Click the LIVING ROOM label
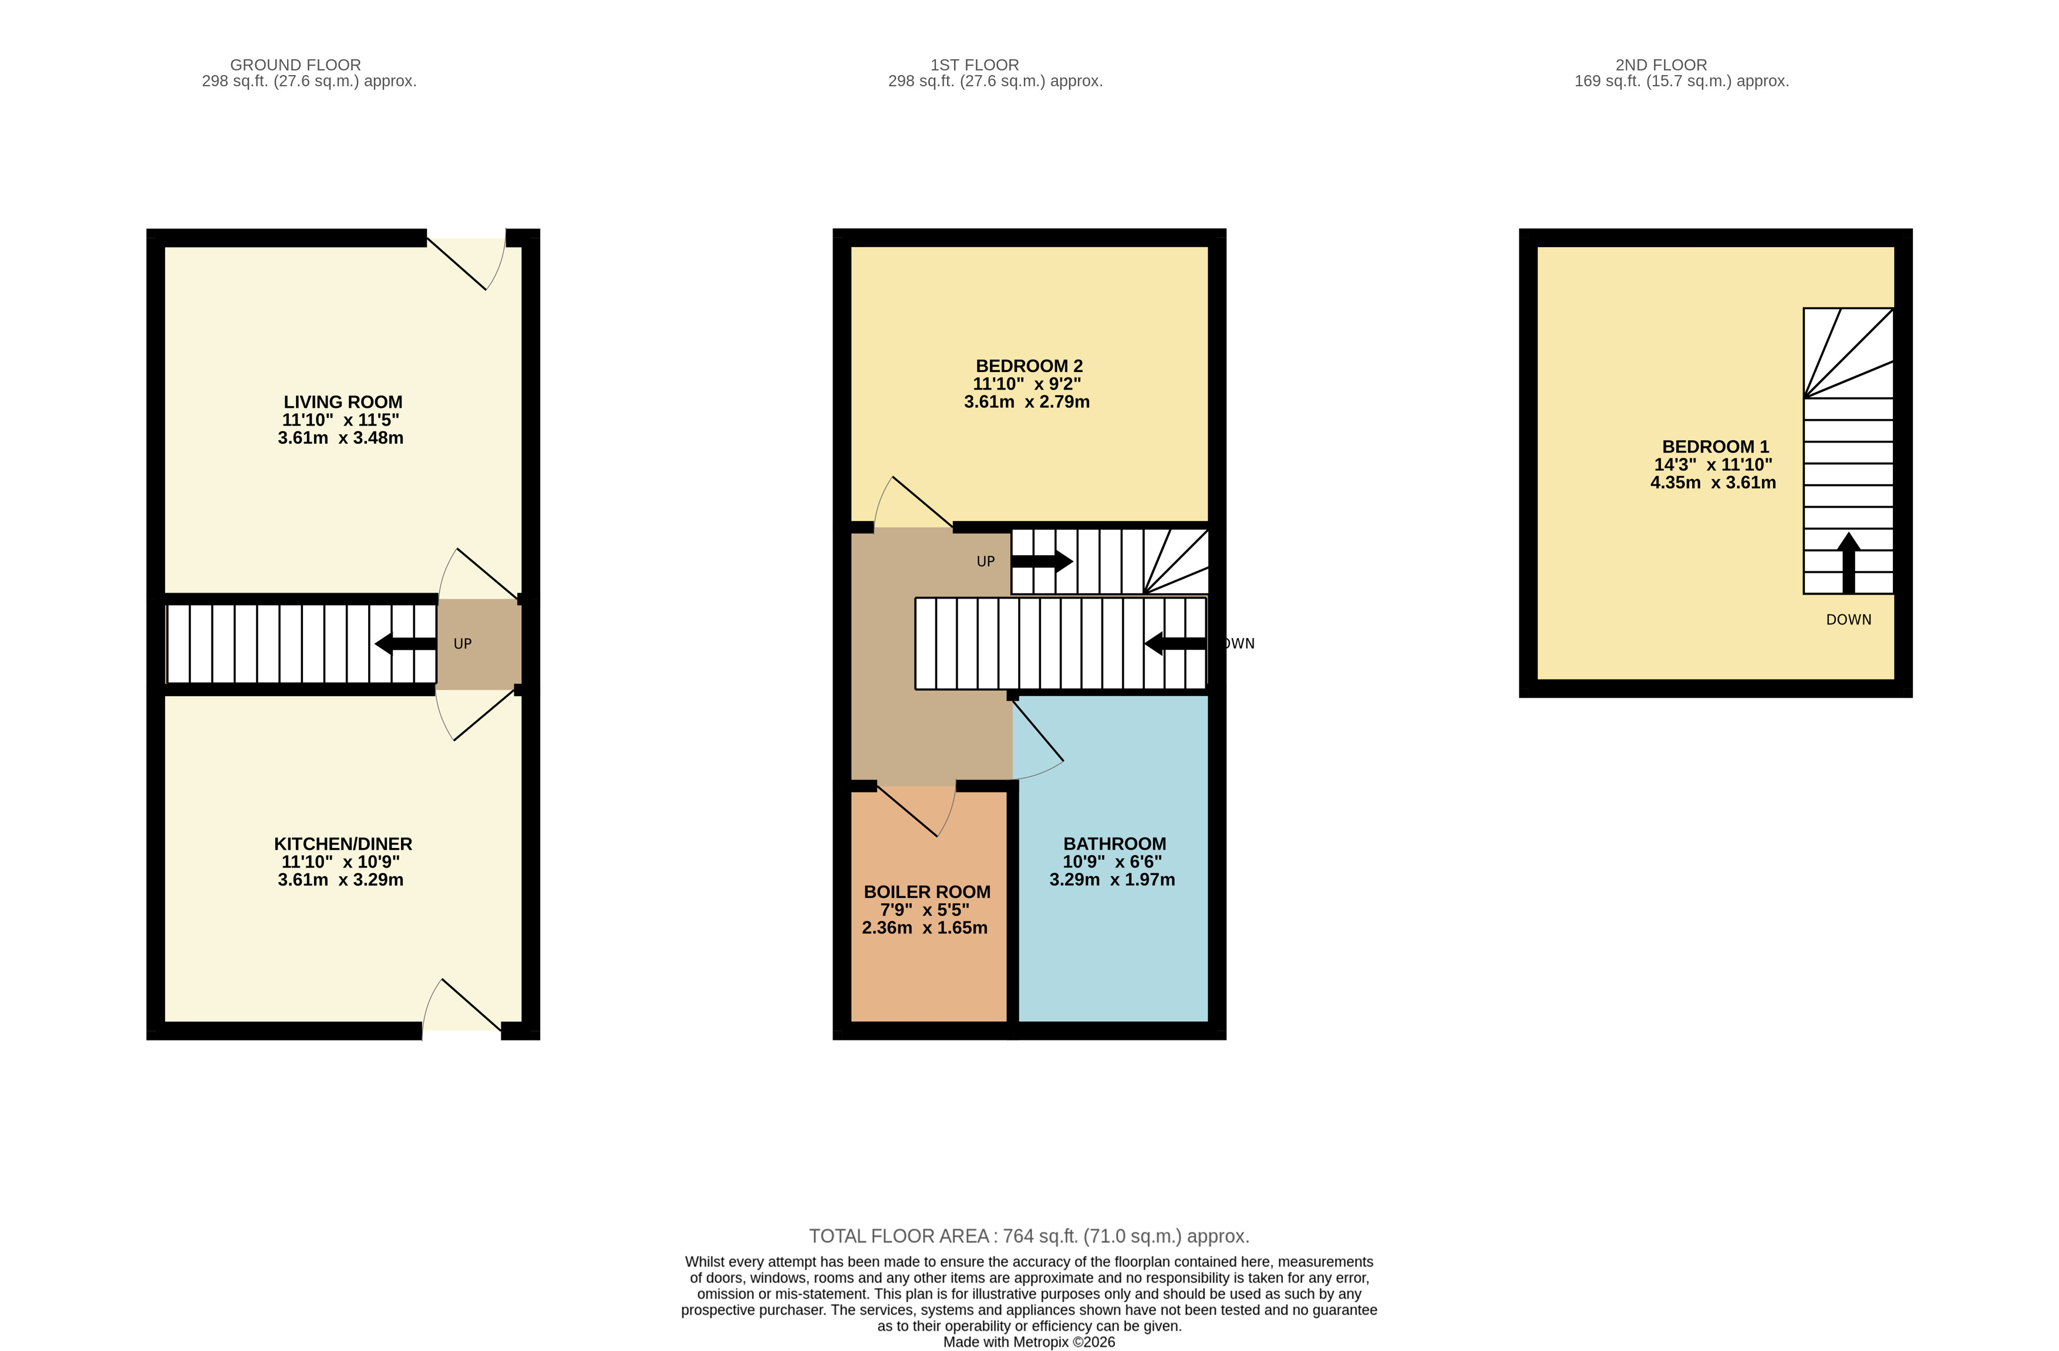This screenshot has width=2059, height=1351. tap(343, 402)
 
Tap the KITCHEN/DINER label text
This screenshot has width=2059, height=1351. tap(343, 844)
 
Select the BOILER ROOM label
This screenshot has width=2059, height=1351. tap(926, 891)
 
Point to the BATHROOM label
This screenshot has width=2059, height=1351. tap(1114, 844)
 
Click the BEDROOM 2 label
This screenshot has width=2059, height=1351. tap(1029, 366)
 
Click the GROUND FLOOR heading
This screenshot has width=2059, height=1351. tap(295, 65)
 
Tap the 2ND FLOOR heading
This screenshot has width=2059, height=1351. tap(1660, 65)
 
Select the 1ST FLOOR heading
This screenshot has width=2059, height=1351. tap(974, 65)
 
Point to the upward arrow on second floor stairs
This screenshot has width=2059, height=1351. tap(1848, 562)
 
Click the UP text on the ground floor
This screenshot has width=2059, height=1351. tap(462, 643)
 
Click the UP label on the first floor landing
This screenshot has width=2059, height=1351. tap(985, 561)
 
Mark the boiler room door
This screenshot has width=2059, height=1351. tap(915, 811)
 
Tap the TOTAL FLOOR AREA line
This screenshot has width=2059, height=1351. tap(1029, 1236)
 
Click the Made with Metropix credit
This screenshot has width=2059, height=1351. tap(1029, 1342)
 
